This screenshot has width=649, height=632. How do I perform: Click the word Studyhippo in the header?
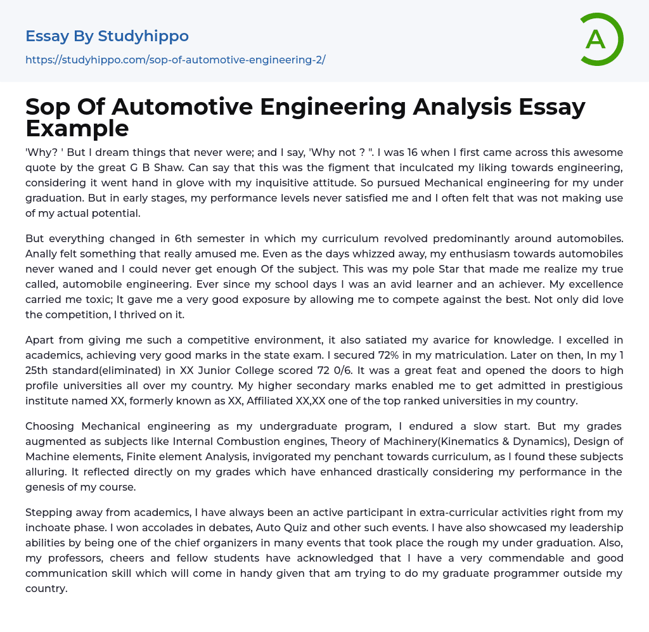point(143,36)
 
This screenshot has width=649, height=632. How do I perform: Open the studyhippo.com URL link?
point(175,60)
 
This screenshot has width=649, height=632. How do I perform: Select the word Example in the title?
point(77,128)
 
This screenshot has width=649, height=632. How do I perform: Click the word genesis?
point(48,487)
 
